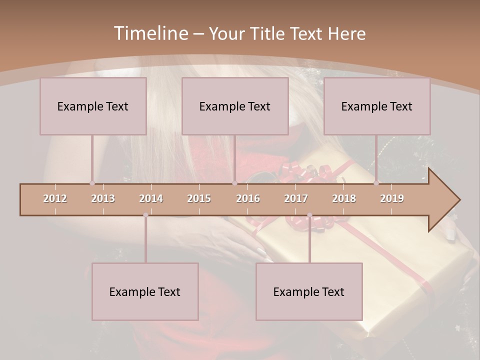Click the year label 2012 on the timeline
point(55,198)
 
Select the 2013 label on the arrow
point(103,198)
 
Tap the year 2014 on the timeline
point(151,198)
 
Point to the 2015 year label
point(199,198)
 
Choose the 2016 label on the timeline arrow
point(248,198)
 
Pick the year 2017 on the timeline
point(296,198)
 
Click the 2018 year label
point(344,198)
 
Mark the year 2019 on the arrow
point(392,198)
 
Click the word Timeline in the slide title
point(150,33)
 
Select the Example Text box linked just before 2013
point(93,106)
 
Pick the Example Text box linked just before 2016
point(235,106)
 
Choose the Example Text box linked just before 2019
point(377,106)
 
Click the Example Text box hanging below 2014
point(145,291)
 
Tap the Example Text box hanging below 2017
point(309,291)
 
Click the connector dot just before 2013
point(92,183)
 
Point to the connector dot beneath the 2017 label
point(309,215)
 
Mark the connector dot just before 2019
point(376,183)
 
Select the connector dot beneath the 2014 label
point(145,215)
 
